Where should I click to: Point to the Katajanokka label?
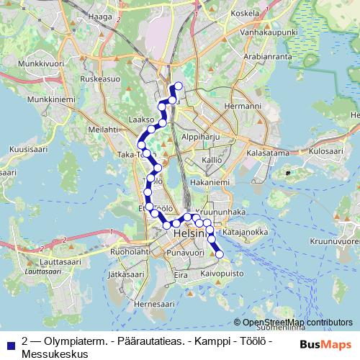pos(246,233)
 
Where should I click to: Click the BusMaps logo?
pos(325,345)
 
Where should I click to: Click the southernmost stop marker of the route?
pos(220,253)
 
